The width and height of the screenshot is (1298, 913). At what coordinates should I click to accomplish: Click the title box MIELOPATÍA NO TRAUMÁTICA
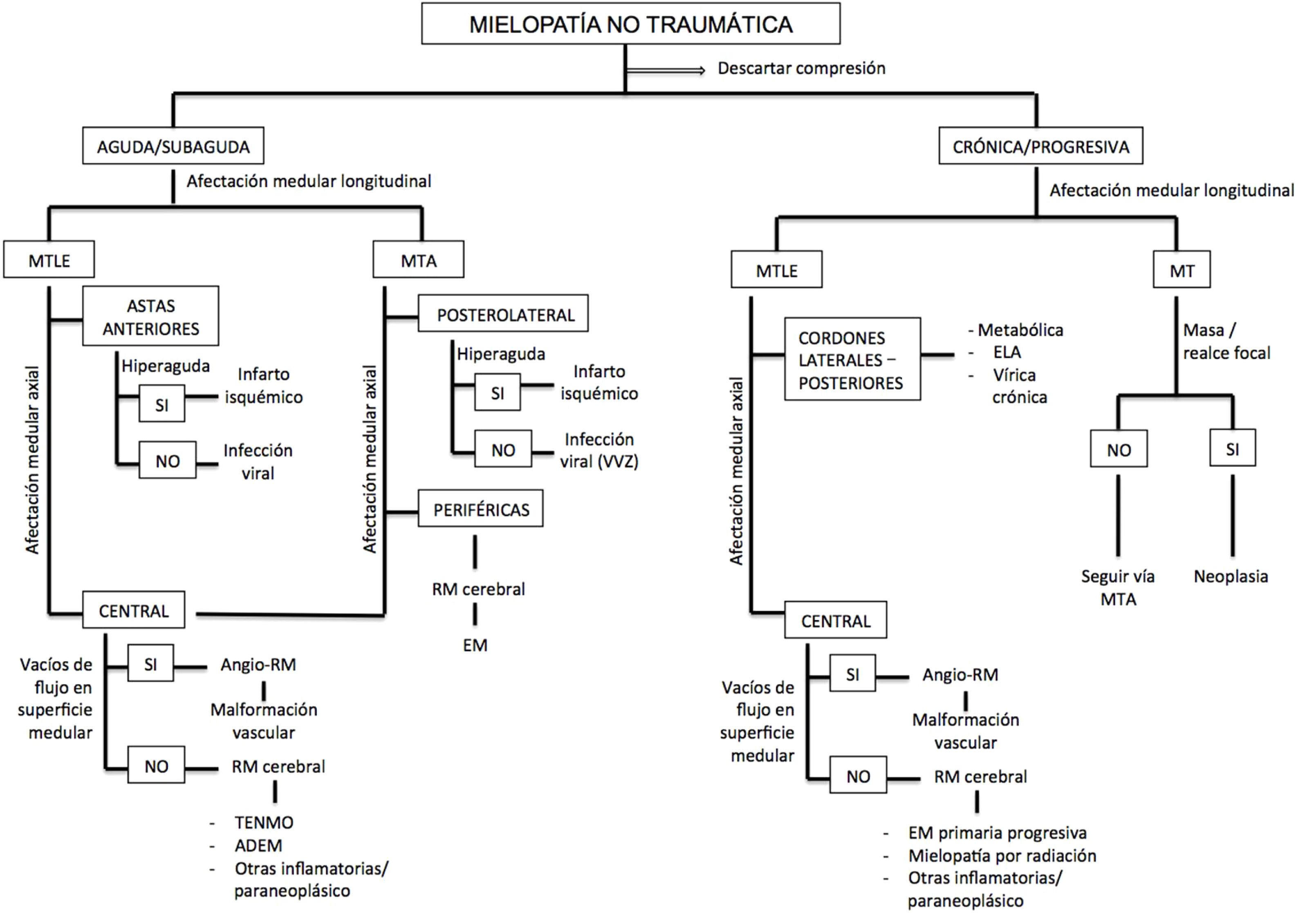630,24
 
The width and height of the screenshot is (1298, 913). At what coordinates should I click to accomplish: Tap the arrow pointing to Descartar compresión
666,70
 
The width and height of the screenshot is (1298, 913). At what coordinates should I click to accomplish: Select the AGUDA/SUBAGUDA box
173,146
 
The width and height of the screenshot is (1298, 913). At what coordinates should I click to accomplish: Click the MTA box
418,260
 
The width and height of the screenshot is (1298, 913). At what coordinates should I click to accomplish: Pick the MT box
1181,270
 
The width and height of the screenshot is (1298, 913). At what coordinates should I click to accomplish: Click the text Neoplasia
1231,576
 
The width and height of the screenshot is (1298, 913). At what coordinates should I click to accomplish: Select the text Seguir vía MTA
1118,588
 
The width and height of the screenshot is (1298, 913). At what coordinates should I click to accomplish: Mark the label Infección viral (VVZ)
599,450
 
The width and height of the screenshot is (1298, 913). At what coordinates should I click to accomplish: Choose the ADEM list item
258,845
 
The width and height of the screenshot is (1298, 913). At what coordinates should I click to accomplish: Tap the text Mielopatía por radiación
1002,855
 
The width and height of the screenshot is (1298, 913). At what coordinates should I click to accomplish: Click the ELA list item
1007,352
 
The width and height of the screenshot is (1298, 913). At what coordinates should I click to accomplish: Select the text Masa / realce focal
1226,341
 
